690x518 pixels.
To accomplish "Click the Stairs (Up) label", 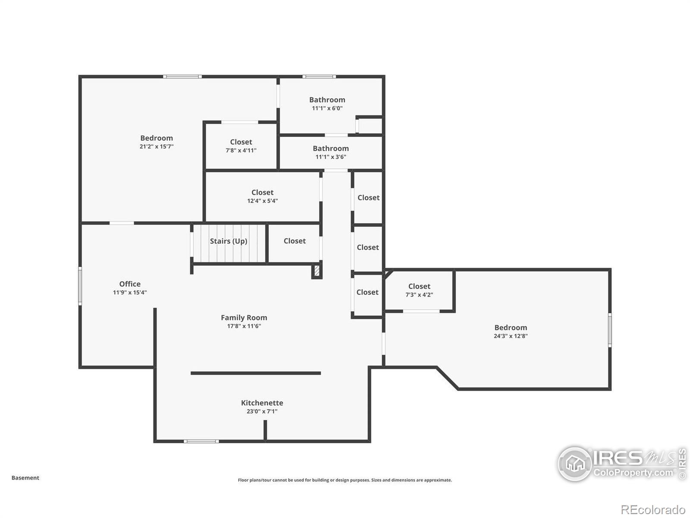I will pyautogui.click(x=228, y=241).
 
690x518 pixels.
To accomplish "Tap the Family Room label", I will pyautogui.click(x=244, y=318).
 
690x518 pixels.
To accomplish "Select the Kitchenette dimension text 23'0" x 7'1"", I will pyautogui.click(x=262, y=411).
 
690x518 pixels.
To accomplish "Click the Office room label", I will pyautogui.click(x=130, y=284).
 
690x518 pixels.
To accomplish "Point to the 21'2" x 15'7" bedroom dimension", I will pyautogui.click(x=156, y=146).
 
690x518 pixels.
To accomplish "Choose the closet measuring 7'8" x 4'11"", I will pyautogui.click(x=241, y=146).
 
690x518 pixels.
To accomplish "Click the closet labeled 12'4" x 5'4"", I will pyautogui.click(x=262, y=196).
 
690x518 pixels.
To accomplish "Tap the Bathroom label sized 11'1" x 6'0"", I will pyautogui.click(x=327, y=100).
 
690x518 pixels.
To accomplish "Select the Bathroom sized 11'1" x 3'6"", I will pyautogui.click(x=330, y=152).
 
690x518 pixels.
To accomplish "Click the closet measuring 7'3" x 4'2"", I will pyautogui.click(x=419, y=290).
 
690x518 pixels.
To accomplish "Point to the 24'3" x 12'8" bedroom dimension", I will pyautogui.click(x=511, y=336).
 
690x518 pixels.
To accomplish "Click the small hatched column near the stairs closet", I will pyautogui.click(x=317, y=271).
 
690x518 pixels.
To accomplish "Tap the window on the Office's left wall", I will pyautogui.click(x=80, y=286).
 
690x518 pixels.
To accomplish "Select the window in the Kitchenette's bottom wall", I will pyautogui.click(x=201, y=441).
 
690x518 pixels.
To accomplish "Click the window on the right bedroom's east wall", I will pyautogui.click(x=610, y=330).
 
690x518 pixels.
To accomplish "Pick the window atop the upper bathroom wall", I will pyautogui.click(x=319, y=77).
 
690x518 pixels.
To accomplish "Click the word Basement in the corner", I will pyautogui.click(x=25, y=478).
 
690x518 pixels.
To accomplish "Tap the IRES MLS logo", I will pyautogui.click(x=621, y=464).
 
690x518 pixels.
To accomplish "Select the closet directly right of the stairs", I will pyautogui.click(x=295, y=241).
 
